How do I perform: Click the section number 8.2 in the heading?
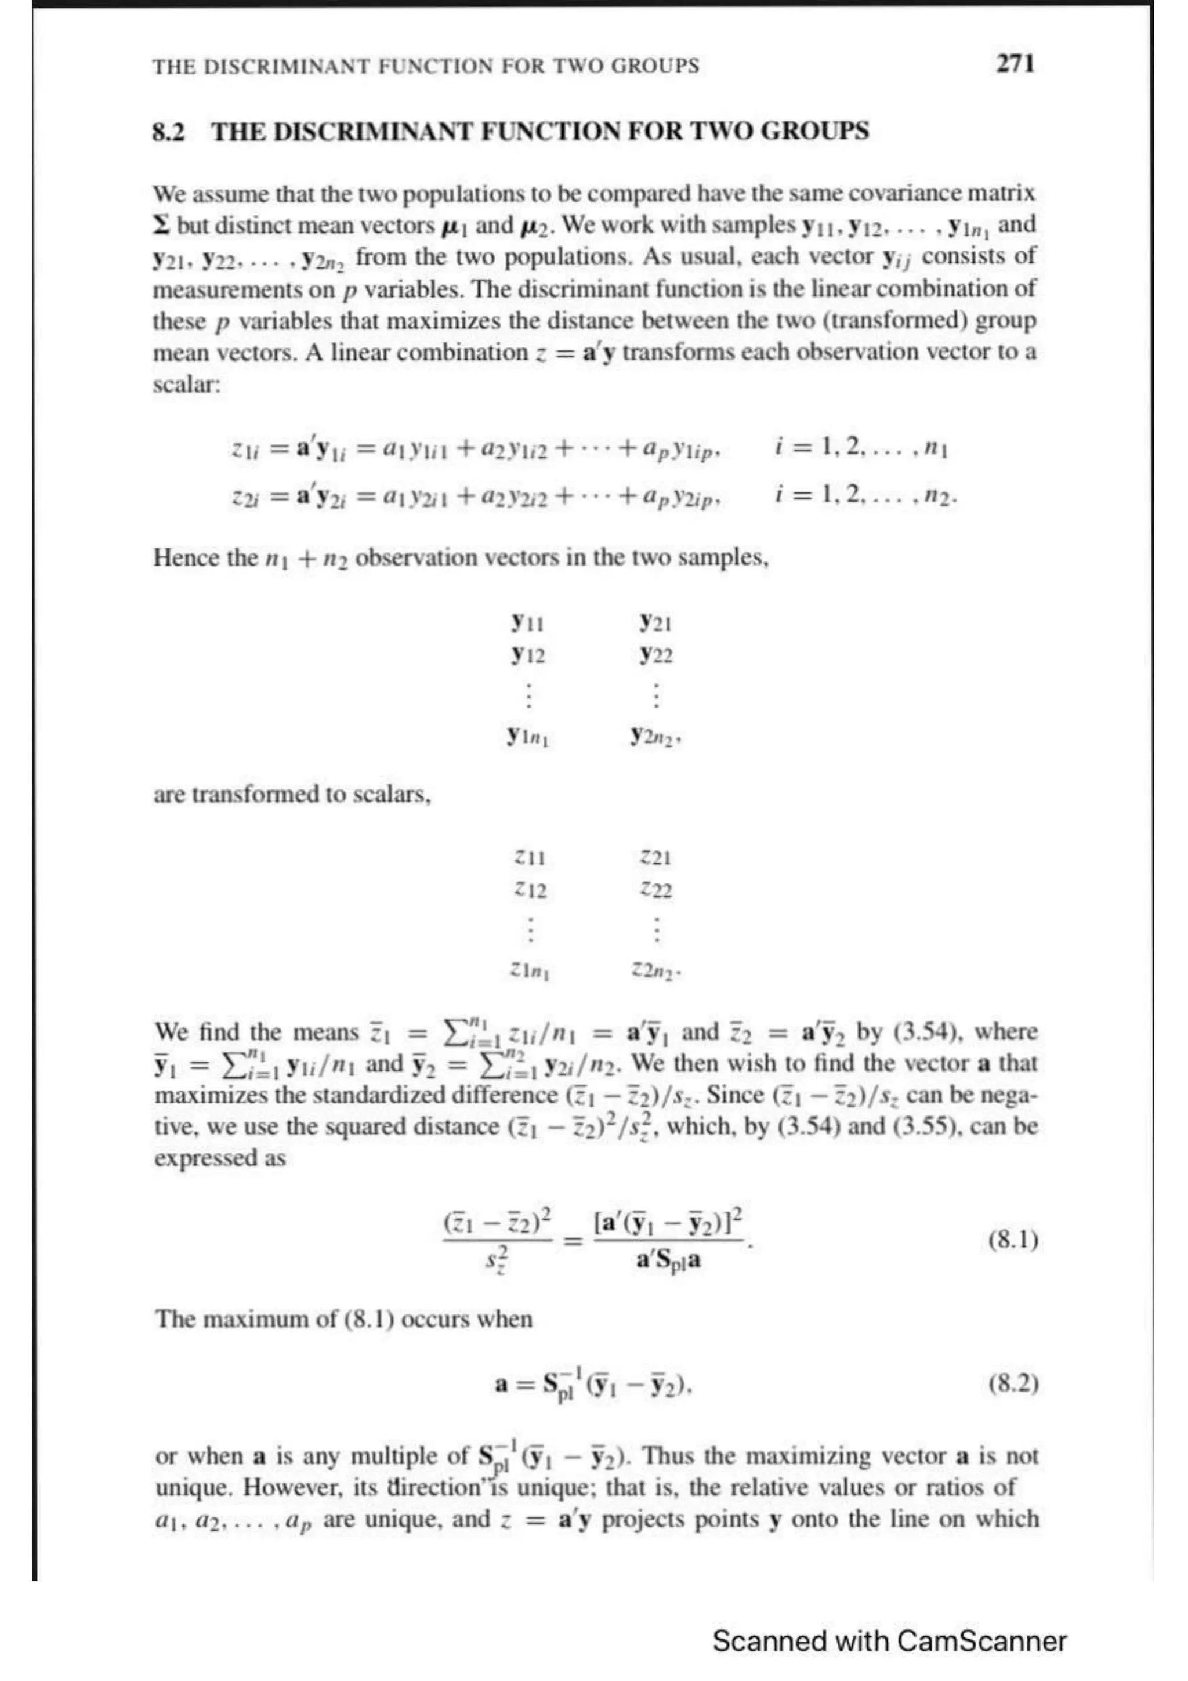click(x=168, y=132)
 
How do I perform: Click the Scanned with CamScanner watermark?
click(x=889, y=1641)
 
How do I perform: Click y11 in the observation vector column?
click(x=527, y=622)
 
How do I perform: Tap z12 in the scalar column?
click(x=531, y=890)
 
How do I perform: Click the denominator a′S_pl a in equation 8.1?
click(x=668, y=1261)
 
